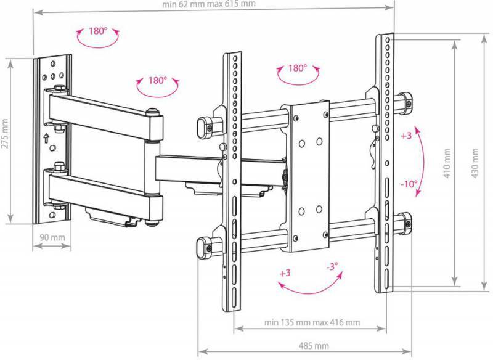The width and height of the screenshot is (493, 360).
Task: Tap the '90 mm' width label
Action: point(52,237)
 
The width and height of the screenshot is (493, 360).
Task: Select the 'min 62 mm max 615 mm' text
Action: point(209,4)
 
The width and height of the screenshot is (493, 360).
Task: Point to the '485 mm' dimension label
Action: point(314,346)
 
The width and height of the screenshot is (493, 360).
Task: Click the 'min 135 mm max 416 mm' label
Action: point(312,322)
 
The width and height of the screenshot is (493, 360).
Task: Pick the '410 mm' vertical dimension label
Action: point(447,163)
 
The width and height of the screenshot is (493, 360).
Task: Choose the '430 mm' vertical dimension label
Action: point(475,163)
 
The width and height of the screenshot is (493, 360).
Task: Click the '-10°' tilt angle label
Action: point(409,184)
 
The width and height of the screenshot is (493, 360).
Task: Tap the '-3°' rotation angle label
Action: point(332,267)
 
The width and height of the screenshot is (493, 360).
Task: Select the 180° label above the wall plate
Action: point(98,31)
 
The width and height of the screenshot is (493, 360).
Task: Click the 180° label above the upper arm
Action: point(157,81)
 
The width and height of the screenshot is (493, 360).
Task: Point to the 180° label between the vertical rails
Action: point(298,68)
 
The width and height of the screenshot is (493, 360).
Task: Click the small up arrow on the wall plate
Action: point(46,137)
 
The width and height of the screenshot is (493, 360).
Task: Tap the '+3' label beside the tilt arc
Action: point(406,136)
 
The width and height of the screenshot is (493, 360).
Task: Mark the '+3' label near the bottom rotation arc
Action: point(285,273)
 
